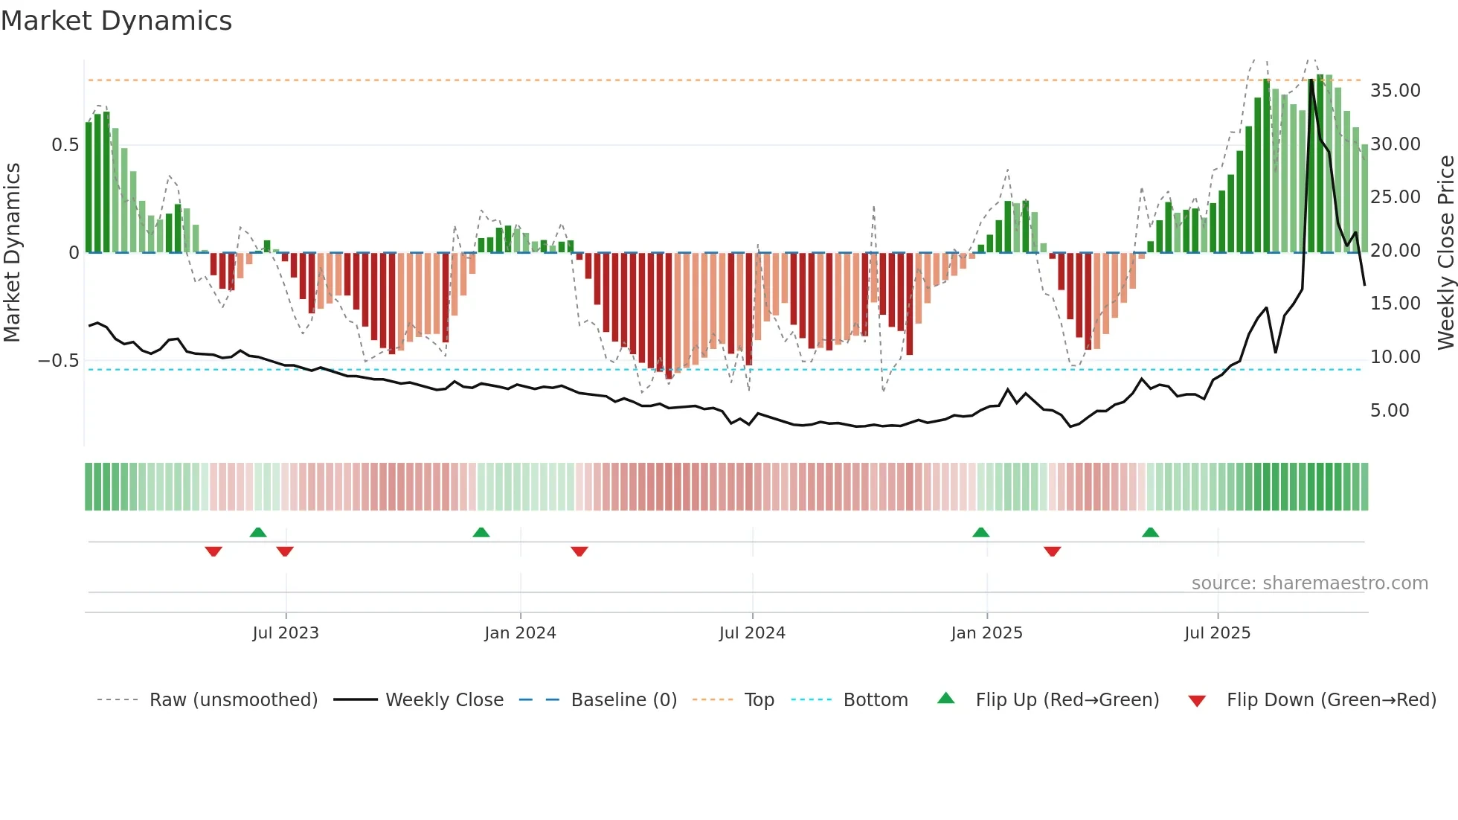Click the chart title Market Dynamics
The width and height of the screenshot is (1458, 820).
116,21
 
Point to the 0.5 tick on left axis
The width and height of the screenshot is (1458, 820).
65,145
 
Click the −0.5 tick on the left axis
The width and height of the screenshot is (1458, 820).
59,361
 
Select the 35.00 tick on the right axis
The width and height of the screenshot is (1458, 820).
1395,91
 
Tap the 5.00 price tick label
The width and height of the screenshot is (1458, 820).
1389,411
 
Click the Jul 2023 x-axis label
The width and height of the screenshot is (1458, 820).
286,633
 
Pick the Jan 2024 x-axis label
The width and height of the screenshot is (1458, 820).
520,633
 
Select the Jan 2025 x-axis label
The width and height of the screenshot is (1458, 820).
986,633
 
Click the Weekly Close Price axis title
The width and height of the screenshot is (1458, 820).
1445,252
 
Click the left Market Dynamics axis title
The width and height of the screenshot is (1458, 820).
13,252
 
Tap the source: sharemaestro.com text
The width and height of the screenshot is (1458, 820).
1309,583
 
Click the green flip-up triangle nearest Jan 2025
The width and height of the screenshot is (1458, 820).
980,532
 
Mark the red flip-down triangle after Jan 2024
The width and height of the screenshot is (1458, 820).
579,551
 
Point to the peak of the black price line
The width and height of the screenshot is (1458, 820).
1311,80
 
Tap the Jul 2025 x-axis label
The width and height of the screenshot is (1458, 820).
1217,633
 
